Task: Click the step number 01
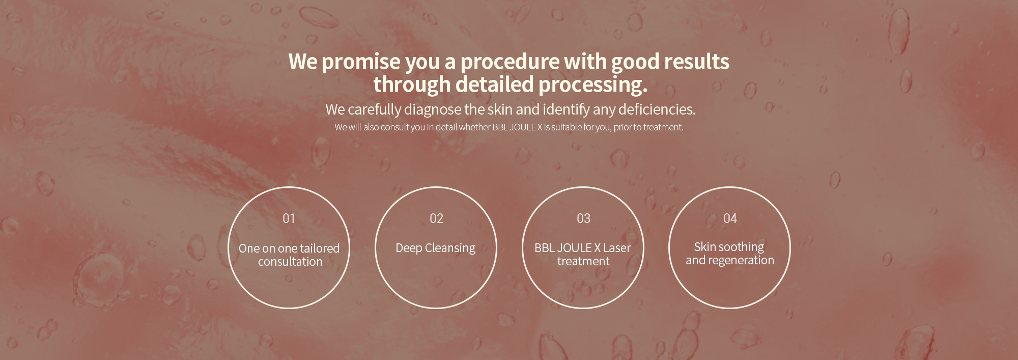tap(289, 218)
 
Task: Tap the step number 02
tap(436, 218)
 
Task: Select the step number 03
tap(583, 218)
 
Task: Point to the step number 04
tap(730, 218)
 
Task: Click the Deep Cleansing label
tap(435, 248)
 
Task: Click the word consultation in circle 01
tap(290, 262)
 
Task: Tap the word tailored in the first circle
tap(320, 248)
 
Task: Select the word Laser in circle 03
tap(617, 248)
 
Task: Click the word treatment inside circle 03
tap(583, 261)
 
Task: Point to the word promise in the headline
tap(361, 62)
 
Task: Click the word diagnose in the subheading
tap(432, 109)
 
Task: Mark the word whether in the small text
tap(474, 127)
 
